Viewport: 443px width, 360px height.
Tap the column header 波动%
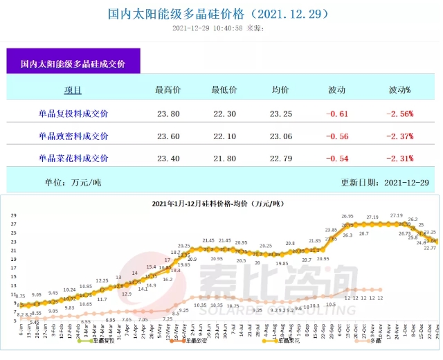[x=401, y=90]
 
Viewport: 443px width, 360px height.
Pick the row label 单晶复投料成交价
[x=73, y=113]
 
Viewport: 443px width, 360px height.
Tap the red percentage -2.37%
[x=401, y=136]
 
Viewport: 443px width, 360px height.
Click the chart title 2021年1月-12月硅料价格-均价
[x=219, y=204]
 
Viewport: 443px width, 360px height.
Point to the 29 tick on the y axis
[x=15, y=215]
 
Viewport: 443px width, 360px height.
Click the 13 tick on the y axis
[x=15, y=285]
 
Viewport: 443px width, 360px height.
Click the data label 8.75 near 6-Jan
[x=20, y=296]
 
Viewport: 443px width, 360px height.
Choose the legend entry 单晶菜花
[x=288, y=341]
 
